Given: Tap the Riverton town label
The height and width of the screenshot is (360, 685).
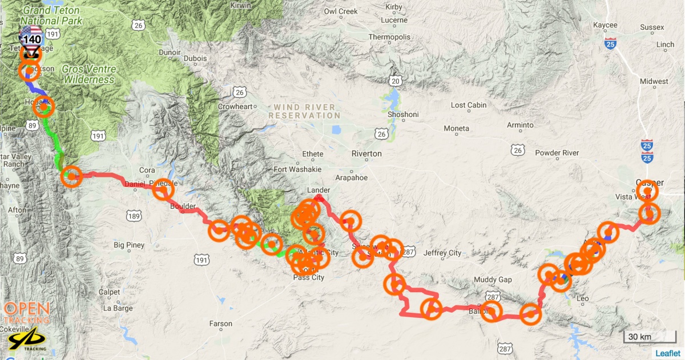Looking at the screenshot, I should tap(366, 153).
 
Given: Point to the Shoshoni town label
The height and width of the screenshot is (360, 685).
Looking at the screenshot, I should tap(403, 114).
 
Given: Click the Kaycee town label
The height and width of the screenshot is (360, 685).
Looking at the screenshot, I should tap(605, 25).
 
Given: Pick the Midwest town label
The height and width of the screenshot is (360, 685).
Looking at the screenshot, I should tap(654, 82).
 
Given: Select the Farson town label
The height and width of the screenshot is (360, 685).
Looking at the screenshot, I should tap(221, 323).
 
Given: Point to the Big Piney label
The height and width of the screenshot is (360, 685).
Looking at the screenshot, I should tap(130, 245).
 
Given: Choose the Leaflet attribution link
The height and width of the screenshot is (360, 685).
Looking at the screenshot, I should tap(667, 353).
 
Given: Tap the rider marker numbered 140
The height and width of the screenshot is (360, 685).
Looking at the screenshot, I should tap(31, 40).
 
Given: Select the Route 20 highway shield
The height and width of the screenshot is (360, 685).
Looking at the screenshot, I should tap(395, 81).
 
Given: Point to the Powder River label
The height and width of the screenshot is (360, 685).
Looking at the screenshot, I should tap(557, 153).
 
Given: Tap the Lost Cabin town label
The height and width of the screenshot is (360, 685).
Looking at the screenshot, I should tap(469, 105).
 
